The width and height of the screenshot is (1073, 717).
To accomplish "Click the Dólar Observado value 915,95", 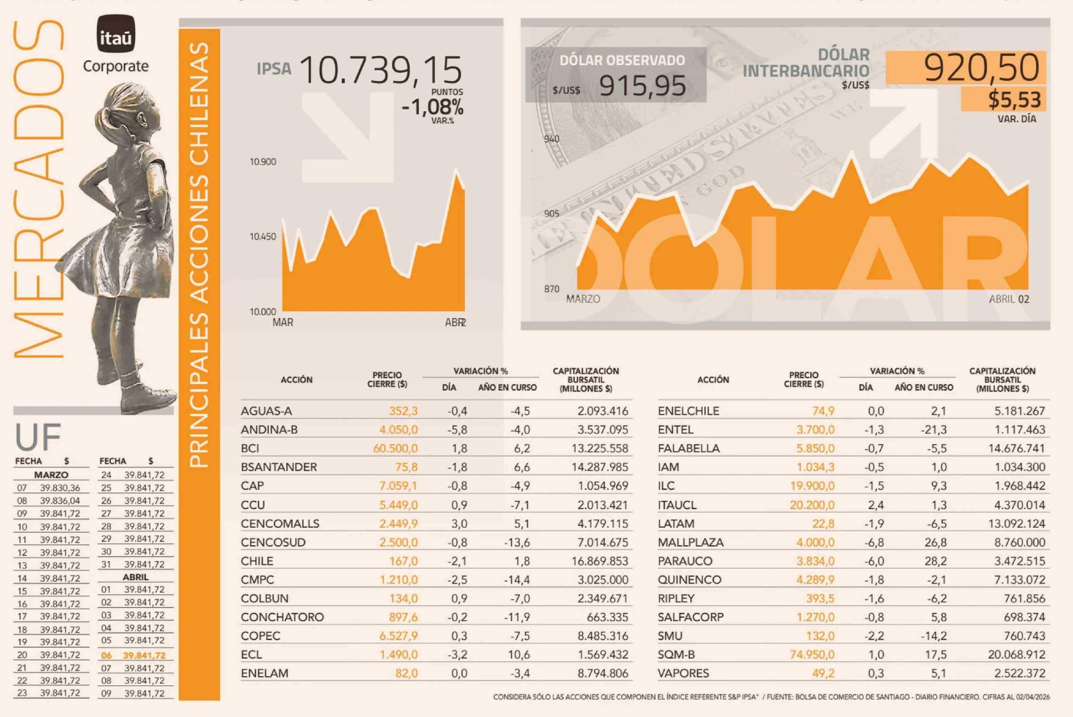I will [642, 86].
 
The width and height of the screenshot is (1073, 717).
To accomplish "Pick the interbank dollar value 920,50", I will [981, 68].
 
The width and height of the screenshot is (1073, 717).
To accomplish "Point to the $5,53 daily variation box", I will [1014, 100].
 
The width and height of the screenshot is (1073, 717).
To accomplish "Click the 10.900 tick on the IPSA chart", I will [263, 162].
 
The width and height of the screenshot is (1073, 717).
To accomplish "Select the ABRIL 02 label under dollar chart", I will [1009, 299].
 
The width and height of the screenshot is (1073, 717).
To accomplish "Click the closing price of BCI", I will [395, 449].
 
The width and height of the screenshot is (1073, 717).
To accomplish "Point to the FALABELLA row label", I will [688, 449].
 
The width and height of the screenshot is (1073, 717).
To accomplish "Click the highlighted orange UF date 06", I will [106, 655].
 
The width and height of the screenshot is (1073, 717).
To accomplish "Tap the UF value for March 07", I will [60, 488].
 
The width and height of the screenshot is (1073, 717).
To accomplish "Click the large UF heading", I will [38, 437].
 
